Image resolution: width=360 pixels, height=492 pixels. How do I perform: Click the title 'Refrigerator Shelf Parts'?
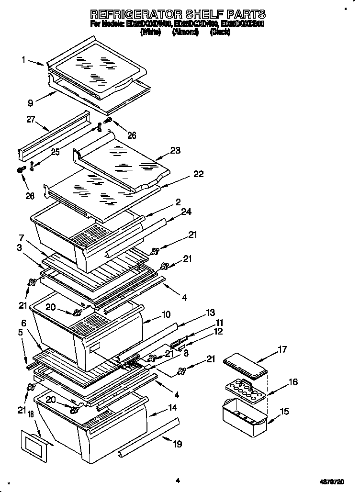pyautogui.click(x=178, y=14)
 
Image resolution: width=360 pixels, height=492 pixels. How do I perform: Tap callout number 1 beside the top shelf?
pyautogui.click(x=23, y=60)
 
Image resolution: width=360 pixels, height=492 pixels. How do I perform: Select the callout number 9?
pyautogui.click(x=30, y=102)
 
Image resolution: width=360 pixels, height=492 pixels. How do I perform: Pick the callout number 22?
pyautogui.click(x=198, y=174)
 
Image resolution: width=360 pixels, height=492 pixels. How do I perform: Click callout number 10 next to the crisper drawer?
pyautogui.click(x=166, y=314)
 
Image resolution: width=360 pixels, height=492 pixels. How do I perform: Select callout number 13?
pyautogui.click(x=210, y=313)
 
